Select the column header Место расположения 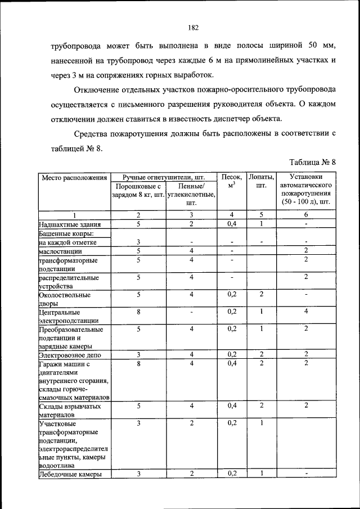[x=73, y=178]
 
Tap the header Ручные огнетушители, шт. [x=164, y=177]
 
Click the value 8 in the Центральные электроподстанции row [x=138, y=311]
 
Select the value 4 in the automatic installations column [x=306, y=311]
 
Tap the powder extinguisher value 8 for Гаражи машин [x=138, y=364]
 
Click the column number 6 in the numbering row [x=306, y=215]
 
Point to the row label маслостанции [x=61, y=251]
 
